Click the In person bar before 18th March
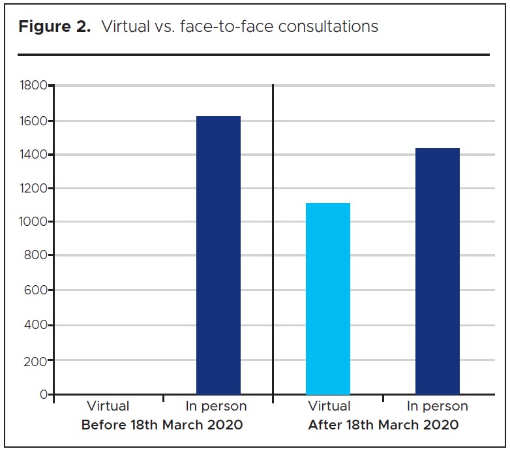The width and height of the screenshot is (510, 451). (218, 255)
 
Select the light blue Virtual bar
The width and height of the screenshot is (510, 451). (328, 299)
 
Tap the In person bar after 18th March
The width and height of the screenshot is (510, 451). (438, 272)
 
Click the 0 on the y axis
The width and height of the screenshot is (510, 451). (43, 394)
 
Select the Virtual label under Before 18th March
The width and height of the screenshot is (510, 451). (108, 407)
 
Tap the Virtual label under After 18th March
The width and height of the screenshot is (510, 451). (328, 407)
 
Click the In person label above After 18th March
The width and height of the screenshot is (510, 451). (438, 407)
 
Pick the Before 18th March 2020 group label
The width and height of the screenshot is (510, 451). (162, 425)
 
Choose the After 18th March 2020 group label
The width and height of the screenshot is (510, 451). (382, 425)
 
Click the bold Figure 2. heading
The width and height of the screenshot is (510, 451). (54, 27)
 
